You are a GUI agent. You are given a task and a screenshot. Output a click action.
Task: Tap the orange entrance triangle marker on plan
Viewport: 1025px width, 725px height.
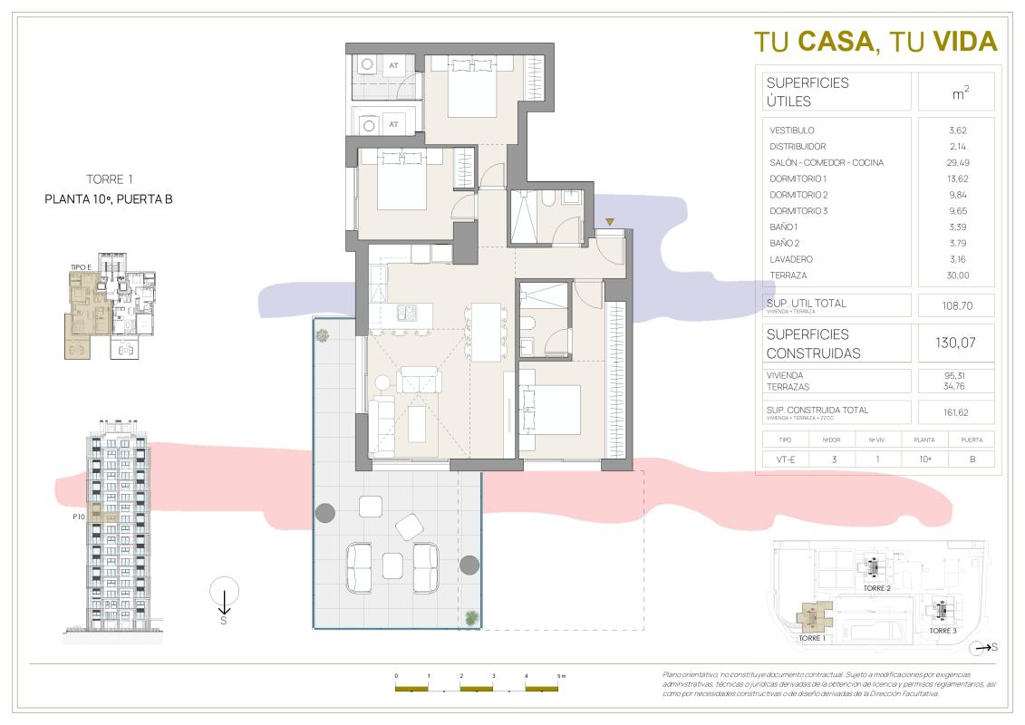610,222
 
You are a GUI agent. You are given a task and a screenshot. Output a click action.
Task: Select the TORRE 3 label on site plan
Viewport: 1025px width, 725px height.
942,631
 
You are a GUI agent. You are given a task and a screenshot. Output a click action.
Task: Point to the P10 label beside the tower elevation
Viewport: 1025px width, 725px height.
78,517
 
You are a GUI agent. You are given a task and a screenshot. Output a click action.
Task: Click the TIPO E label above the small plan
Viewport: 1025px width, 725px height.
83,266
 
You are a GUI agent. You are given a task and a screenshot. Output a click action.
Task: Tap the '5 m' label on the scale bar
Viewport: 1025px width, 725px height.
561,677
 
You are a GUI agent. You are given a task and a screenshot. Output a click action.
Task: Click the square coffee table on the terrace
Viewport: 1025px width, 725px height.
392,565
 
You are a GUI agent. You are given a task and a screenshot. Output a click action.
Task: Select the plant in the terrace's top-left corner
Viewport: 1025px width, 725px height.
323,335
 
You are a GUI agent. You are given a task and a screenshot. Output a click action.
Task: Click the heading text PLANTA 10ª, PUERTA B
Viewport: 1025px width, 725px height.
108,200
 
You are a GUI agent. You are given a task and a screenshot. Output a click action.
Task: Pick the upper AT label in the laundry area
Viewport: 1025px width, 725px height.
393,65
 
